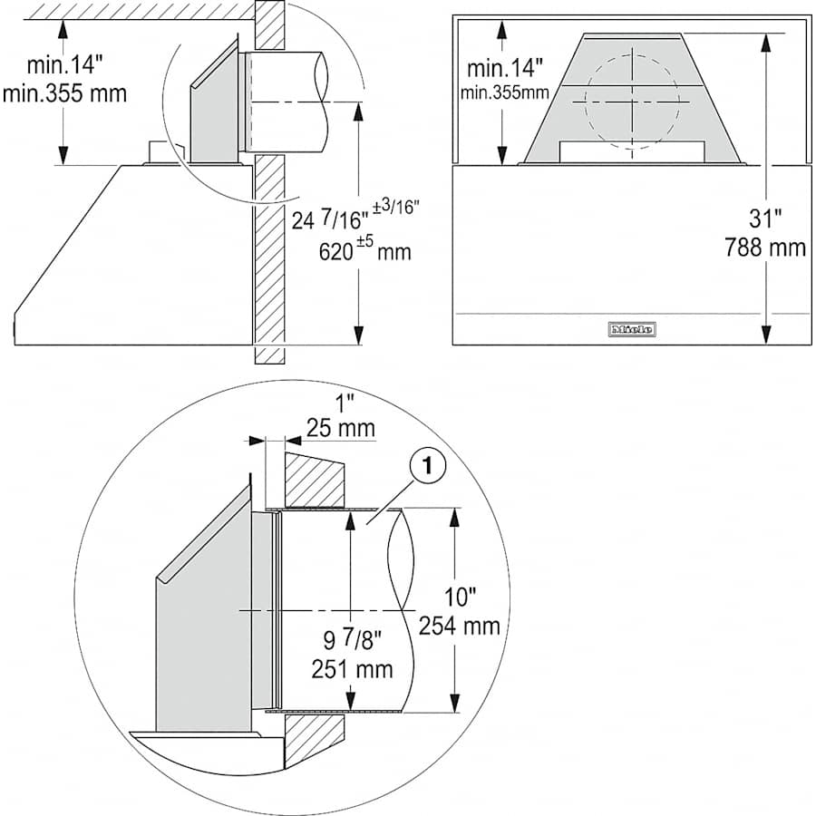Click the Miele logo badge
click(632, 329)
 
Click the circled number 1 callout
click(427, 466)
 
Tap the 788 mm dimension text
click(765, 248)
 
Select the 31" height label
click(765, 219)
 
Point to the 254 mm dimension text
click(460, 626)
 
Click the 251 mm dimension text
click(353, 669)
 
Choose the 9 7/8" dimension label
click(353, 639)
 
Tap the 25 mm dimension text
click(341, 428)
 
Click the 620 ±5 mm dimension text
click(364, 251)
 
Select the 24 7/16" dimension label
click(326, 220)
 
